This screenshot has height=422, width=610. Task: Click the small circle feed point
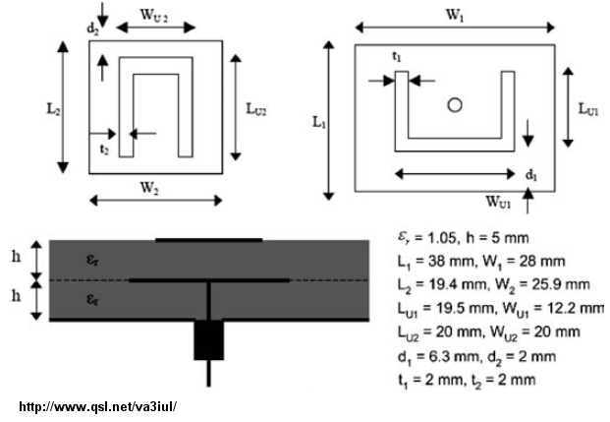pyautogui.click(x=455, y=105)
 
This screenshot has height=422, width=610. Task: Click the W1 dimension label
pyautogui.click(x=455, y=15)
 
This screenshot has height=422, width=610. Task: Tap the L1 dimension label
pyautogui.click(x=319, y=122)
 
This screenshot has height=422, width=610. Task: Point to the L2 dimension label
pyautogui.click(x=54, y=109)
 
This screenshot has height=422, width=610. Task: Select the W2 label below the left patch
pyautogui.click(x=149, y=188)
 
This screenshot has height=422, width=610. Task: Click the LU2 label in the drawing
pyautogui.click(x=256, y=109)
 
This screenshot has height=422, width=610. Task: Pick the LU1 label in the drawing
pyautogui.click(x=588, y=109)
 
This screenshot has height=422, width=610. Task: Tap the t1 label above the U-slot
pyautogui.click(x=397, y=57)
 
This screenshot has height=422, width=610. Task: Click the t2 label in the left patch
pyautogui.click(x=104, y=150)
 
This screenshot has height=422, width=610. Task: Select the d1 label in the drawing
pyautogui.click(x=531, y=175)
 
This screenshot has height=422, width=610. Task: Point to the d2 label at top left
pyautogui.click(x=92, y=30)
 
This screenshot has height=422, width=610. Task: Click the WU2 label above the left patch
pyautogui.click(x=154, y=15)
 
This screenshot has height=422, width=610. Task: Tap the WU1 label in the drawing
pyautogui.click(x=498, y=202)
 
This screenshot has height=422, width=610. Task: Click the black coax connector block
pyautogui.click(x=209, y=339)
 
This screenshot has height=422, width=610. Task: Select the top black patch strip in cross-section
pyautogui.click(x=209, y=240)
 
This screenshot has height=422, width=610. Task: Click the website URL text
pyautogui.click(x=97, y=407)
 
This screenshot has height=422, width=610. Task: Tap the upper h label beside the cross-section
pyautogui.click(x=16, y=257)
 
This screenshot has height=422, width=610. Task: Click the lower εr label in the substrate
pyautogui.click(x=92, y=299)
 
